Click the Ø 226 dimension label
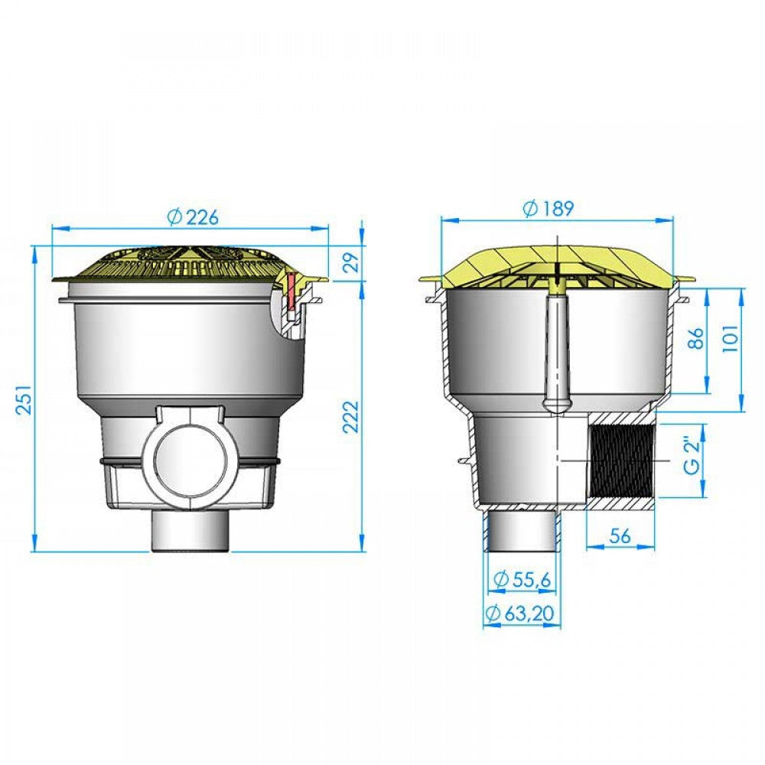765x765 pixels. (x=193, y=216)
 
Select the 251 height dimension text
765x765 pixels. (x=24, y=400)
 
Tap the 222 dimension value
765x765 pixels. (x=351, y=416)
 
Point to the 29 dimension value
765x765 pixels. (x=351, y=262)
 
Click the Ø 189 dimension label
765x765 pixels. (x=549, y=208)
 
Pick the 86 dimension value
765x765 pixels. (x=698, y=338)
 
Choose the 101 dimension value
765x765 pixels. (x=731, y=337)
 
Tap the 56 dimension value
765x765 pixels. (x=620, y=535)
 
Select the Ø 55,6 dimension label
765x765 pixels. (x=522, y=579)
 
